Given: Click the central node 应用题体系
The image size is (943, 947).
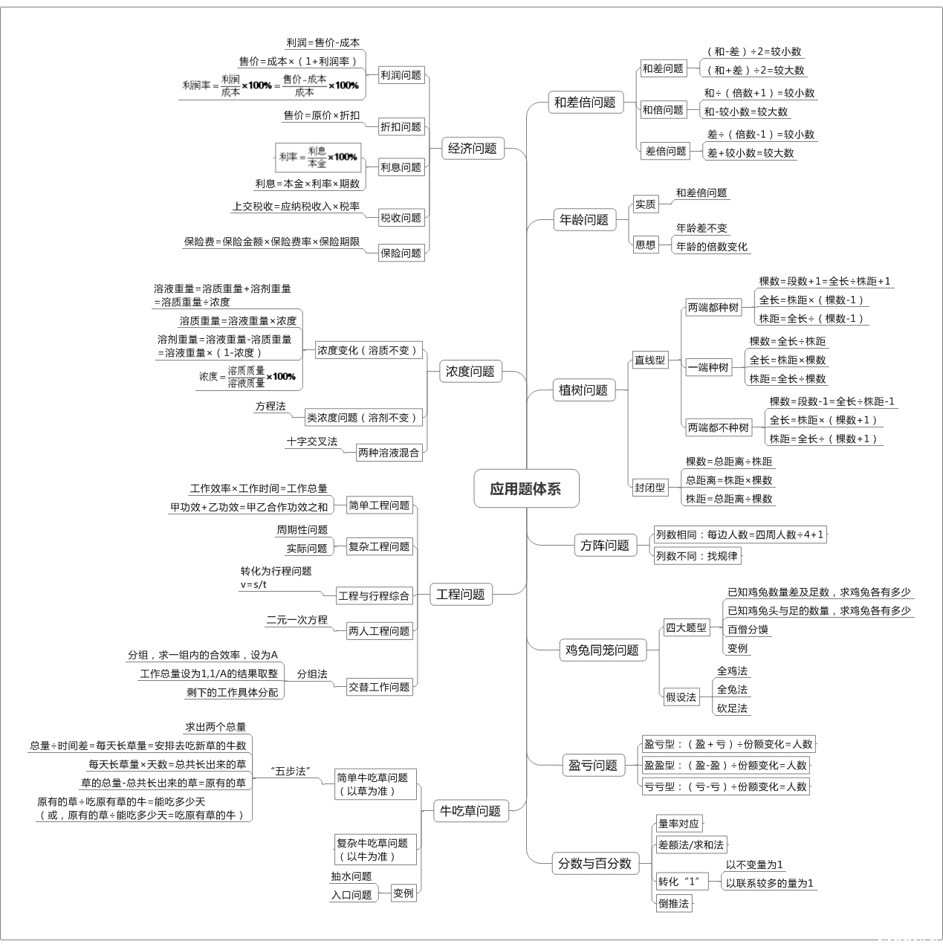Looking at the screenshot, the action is pyautogui.click(x=526, y=488).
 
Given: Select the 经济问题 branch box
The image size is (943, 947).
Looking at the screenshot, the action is pyautogui.click(x=473, y=148).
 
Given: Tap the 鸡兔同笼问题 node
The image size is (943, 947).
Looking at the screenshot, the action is pyautogui.click(x=602, y=650).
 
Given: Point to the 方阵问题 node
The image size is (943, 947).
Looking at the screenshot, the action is pyautogui.click(x=605, y=545).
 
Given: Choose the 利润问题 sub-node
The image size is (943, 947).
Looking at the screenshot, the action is pyautogui.click(x=401, y=75).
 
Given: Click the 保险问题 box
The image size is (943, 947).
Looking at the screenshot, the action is pyautogui.click(x=401, y=253).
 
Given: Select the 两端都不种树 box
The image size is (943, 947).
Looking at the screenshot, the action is pyautogui.click(x=719, y=427).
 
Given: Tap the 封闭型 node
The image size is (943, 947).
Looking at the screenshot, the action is pyautogui.click(x=650, y=488).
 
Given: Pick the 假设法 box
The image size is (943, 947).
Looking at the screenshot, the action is pyautogui.click(x=681, y=696).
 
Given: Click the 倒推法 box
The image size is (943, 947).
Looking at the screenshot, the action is pyautogui.click(x=674, y=903).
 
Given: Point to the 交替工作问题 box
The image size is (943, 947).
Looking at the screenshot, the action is pyautogui.click(x=380, y=687).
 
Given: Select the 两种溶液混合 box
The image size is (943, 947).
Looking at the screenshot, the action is pyautogui.click(x=389, y=452).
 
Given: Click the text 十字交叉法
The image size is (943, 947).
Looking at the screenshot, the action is pyautogui.click(x=312, y=442).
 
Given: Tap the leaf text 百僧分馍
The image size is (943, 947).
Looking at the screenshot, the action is pyautogui.click(x=748, y=629).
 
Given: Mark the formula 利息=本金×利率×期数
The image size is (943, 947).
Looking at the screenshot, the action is pyautogui.click(x=308, y=184).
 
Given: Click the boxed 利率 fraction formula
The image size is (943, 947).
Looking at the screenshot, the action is pyautogui.click(x=318, y=158).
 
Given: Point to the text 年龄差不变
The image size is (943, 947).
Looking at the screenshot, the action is pyautogui.click(x=701, y=228).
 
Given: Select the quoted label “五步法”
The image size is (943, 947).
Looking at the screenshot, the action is pyautogui.click(x=291, y=771).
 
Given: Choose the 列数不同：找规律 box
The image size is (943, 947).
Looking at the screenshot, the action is pyautogui.click(x=697, y=556).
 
